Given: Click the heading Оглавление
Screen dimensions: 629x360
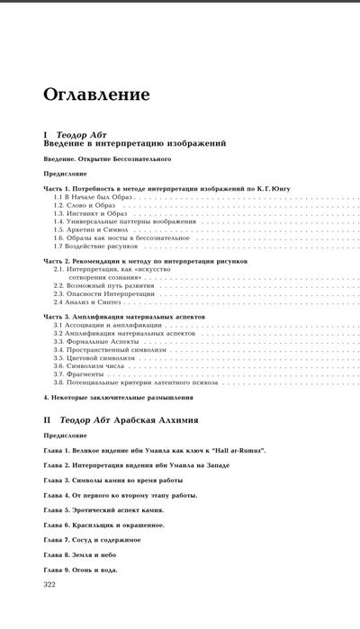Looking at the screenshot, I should [96, 94].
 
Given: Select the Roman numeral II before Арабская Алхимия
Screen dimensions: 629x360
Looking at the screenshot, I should [49, 420].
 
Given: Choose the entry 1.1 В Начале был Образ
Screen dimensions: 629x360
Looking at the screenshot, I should [89, 197].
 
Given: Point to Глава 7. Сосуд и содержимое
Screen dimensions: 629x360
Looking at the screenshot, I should [96, 540].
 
